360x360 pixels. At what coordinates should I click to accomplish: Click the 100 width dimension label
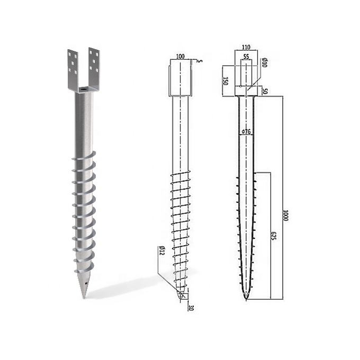[181, 56]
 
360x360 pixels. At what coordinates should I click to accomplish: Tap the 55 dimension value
[246, 56]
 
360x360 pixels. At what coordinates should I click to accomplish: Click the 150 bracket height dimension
[226, 81]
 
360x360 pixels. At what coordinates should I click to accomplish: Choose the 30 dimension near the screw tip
[191, 307]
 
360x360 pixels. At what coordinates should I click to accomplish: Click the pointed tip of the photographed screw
[84, 298]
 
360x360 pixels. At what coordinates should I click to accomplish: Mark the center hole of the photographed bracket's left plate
[73, 63]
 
